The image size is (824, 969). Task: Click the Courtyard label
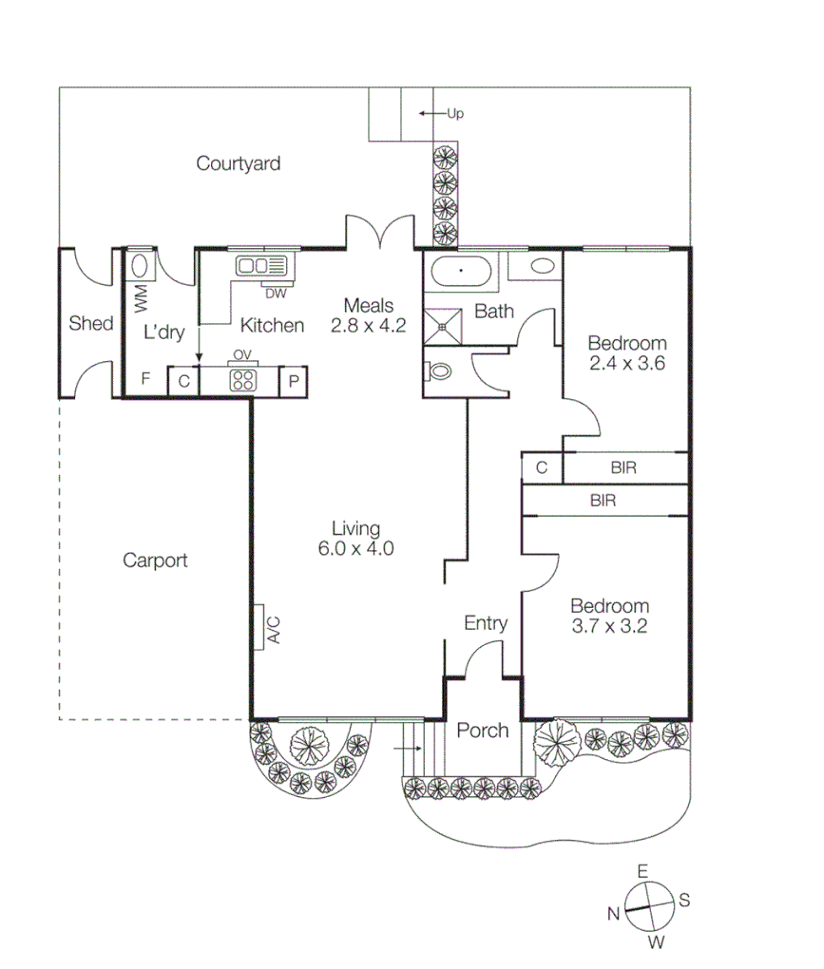238,163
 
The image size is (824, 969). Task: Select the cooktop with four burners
242,381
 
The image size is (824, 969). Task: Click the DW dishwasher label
276,292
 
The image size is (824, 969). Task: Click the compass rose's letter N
613,913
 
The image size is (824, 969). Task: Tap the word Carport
155,560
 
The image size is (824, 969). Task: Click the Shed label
90,324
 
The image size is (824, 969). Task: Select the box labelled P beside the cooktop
294,381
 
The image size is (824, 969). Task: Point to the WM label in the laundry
142,300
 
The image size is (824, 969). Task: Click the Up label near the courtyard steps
454,114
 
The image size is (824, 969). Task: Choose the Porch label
483,731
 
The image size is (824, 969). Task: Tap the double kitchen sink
257,266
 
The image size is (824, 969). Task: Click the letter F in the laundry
145,378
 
